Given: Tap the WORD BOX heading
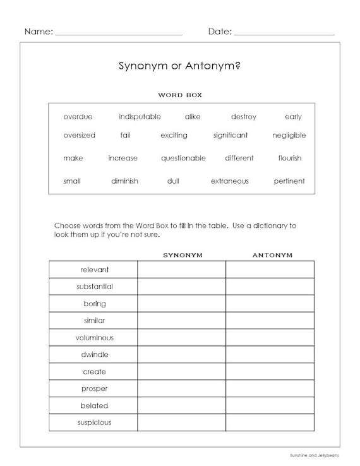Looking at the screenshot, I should click(x=179, y=95).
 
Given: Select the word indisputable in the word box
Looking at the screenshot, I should click(x=140, y=117).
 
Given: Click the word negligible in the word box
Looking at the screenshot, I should click(x=289, y=135).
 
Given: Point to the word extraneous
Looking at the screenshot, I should click(x=229, y=181).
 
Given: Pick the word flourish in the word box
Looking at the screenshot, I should click(x=289, y=158).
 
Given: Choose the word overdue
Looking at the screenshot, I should click(x=78, y=117).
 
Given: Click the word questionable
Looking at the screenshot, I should click(x=183, y=158).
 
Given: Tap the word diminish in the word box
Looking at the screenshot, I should click(x=124, y=181).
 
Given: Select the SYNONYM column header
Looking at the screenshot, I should click(x=183, y=255).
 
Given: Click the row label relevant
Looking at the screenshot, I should click(x=94, y=270).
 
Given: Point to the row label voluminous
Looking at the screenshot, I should click(x=94, y=338).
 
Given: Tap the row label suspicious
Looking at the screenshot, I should click(x=94, y=422).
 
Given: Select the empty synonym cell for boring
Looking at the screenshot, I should click(x=182, y=304).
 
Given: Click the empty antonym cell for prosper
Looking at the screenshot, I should click(x=270, y=388).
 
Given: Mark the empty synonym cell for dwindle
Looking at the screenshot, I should click(x=182, y=354).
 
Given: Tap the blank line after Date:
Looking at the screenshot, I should click(x=284, y=32).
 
